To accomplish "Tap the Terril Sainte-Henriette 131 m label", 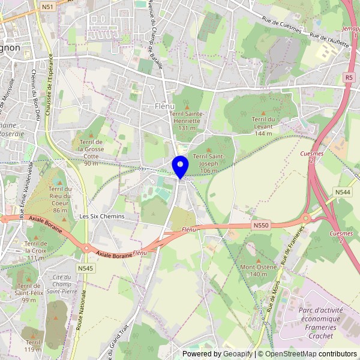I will click(187, 121).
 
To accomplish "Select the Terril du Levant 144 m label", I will click(263, 126).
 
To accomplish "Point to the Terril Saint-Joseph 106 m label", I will click(208, 163).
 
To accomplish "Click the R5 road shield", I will click(349, 77).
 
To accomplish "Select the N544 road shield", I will click(343, 192).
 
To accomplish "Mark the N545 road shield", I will click(85, 268).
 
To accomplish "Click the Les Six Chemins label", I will click(102, 216).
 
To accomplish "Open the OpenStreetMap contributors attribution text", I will click(310, 354).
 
